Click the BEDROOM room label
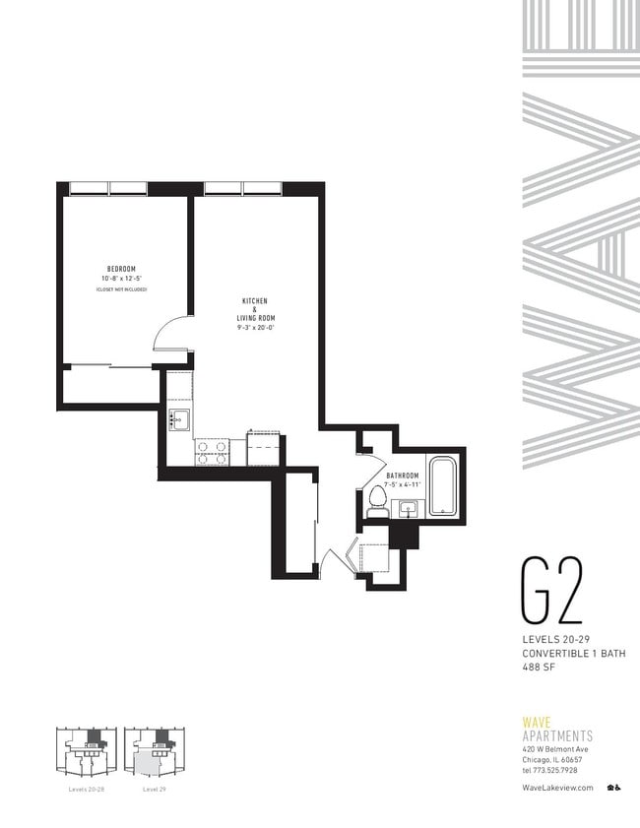click(x=121, y=269)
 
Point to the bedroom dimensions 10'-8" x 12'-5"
click(x=121, y=279)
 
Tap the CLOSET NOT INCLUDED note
click(x=121, y=289)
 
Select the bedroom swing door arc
click(x=169, y=331)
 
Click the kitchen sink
click(x=179, y=418)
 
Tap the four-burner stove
click(x=211, y=452)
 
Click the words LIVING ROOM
click(x=255, y=318)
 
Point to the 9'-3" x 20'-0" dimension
click(x=255, y=327)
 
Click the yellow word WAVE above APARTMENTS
click(x=537, y=722)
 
